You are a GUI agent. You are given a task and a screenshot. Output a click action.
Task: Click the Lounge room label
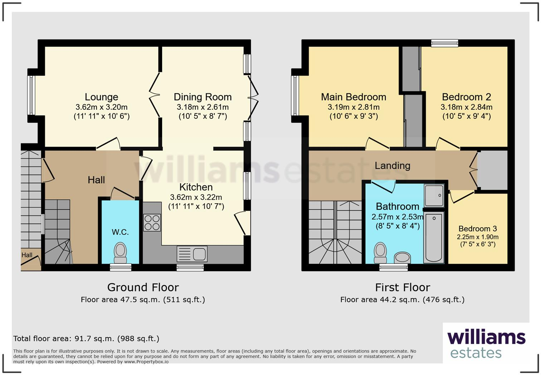101,97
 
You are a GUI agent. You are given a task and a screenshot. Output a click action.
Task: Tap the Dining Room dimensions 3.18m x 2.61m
203,107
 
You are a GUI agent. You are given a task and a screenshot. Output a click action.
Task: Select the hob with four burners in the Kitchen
152,222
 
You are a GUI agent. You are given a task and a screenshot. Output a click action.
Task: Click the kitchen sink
192,254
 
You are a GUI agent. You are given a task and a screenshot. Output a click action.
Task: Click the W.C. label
120,232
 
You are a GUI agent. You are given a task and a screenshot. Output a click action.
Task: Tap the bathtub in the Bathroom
434,237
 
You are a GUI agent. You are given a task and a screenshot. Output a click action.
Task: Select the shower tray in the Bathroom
434,195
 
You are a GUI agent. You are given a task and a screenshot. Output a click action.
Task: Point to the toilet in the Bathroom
380,253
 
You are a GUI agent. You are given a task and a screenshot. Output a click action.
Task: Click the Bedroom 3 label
478,229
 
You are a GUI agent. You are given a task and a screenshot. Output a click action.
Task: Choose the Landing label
393,166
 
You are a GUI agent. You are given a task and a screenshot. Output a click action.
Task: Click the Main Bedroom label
354,97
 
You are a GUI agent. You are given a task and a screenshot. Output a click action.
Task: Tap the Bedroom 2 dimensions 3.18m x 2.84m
466,107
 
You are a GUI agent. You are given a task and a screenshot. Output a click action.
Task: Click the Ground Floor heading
143,287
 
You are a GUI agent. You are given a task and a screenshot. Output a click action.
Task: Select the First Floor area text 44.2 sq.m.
402,299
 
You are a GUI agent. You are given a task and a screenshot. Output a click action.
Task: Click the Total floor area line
86,339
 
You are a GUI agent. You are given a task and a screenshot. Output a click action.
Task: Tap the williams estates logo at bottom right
486,344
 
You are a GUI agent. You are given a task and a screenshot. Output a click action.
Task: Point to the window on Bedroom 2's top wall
444,43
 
